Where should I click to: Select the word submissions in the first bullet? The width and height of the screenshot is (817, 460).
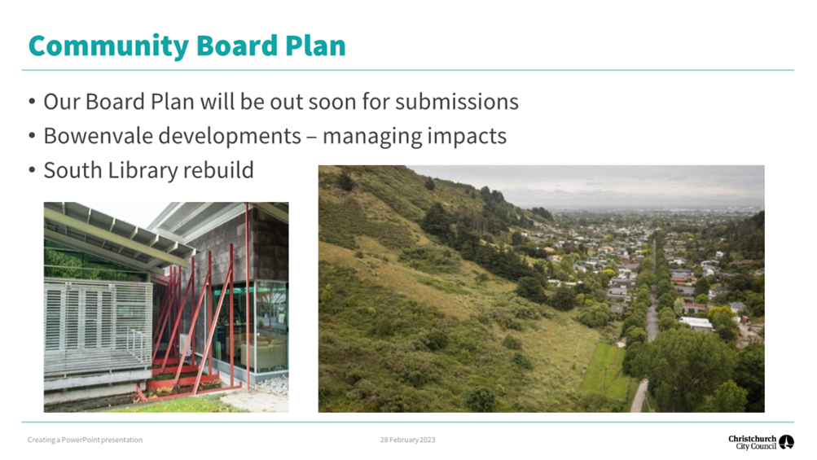click(x=456, y=102)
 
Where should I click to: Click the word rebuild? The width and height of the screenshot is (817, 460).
click(x=218, y=170)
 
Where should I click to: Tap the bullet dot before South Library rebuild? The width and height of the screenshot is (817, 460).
click(x=33, y=170)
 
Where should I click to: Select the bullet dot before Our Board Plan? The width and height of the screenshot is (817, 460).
click(x=33, y=102)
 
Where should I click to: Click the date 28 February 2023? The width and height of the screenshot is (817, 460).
click(x=407, y=440)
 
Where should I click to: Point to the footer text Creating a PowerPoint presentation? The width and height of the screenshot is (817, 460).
click(x=85, y=440)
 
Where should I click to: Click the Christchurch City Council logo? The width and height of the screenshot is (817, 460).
click(x=761, y=442)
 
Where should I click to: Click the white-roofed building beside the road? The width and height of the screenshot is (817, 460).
click(x=696, y=323)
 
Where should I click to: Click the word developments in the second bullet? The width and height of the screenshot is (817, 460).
click(x=230, y=137)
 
